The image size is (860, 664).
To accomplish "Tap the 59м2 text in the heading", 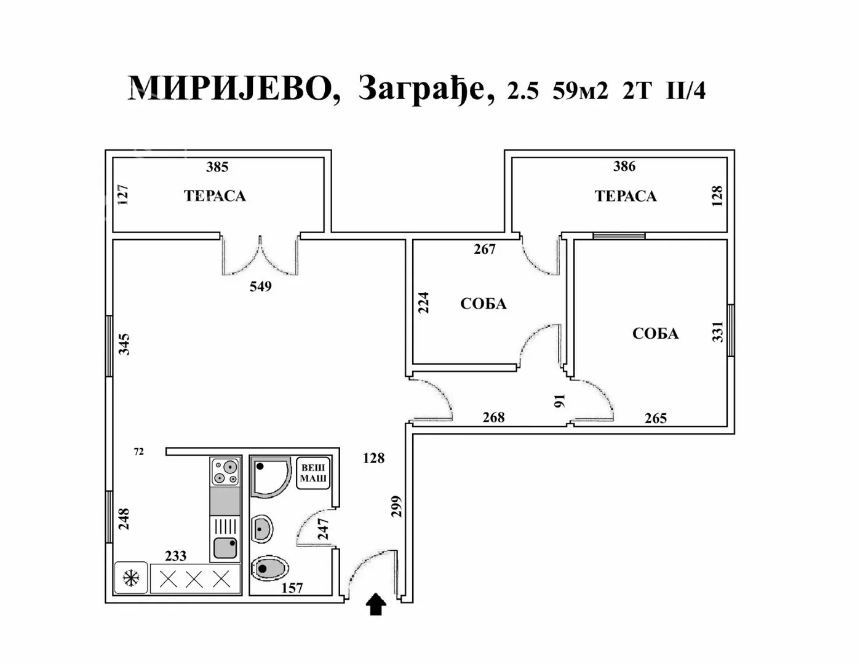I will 580,91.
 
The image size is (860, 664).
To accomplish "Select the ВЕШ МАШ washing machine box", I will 313,473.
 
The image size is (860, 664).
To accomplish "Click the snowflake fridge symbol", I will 131,578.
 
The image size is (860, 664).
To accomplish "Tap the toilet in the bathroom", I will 269,568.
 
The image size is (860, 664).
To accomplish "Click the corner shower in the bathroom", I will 269,476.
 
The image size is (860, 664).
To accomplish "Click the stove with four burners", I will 225,472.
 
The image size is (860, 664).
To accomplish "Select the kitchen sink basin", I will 225,547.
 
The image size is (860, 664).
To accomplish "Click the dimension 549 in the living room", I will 260,287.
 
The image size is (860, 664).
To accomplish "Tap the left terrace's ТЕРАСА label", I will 215,196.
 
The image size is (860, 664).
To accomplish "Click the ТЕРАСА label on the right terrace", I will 626,196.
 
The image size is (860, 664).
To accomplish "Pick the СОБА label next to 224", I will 484,304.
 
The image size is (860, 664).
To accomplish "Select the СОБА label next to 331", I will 655,334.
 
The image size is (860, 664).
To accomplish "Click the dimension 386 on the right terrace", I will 624,166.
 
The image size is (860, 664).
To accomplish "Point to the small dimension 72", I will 139,452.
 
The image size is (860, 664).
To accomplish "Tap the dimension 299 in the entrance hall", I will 397,506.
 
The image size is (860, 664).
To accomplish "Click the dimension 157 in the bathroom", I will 292,588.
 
